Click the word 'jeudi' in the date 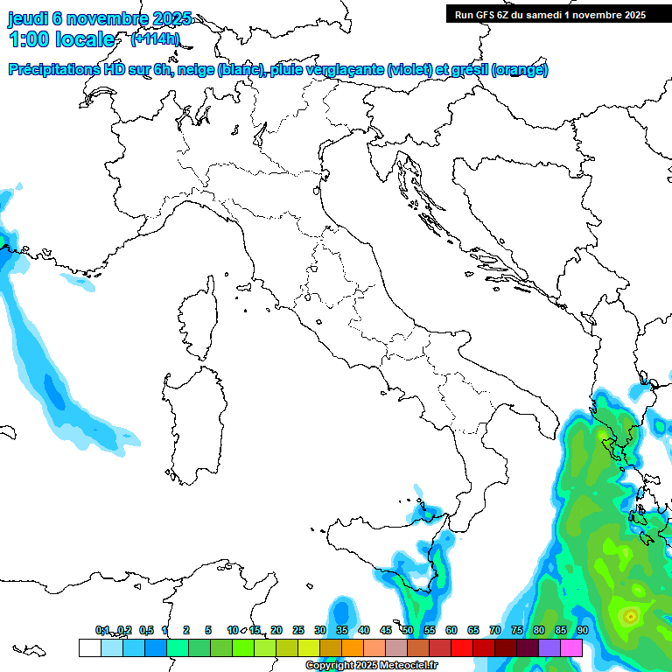[28, 19]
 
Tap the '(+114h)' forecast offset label [155, 39]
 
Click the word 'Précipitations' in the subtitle [54, 70]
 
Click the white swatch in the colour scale [89, 647]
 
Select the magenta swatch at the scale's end [571, 647]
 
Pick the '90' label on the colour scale [582, 630]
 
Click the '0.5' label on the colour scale [146, 630]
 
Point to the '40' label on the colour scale [363, 630]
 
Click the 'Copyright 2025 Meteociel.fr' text [371, 666]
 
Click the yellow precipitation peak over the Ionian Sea [630, 617]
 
